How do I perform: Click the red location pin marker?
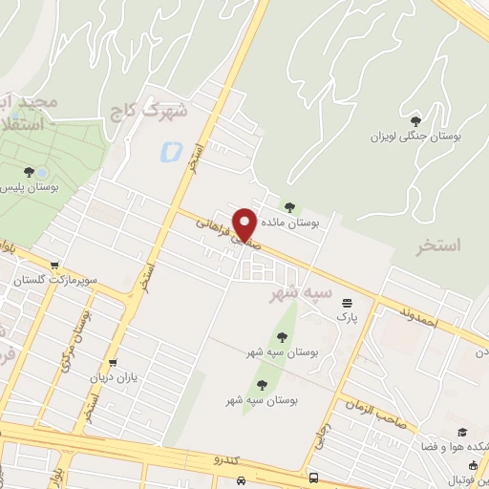click(245, 223)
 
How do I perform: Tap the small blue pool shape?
click(172, 150)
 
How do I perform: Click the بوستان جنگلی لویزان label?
click(415, 137)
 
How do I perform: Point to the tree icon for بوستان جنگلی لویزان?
click(415, 120)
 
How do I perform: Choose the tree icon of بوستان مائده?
click(290, 205)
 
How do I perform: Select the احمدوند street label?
click(417, 318)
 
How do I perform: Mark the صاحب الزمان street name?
click(383, 412)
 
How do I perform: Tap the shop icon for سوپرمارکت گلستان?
click(54, 266)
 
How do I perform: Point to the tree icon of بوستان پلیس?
click(30, 172)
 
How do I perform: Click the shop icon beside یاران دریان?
click(114, 363)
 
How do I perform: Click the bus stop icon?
click(313, 478)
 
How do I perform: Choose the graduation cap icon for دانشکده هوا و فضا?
click(462, 432)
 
